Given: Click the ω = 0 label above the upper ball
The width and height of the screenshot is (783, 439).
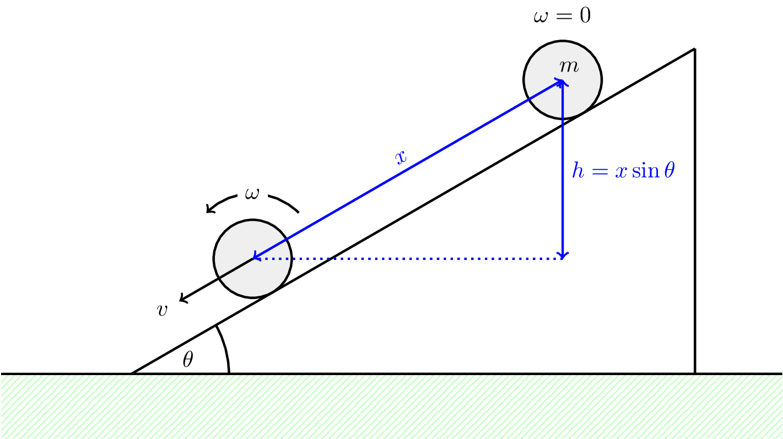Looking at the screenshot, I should tap(561, 16).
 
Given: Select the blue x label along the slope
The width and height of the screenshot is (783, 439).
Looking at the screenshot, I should tap(401, 158).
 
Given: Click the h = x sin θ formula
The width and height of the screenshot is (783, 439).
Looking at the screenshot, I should tap(623, 171).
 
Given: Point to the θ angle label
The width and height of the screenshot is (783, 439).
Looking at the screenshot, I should tap(187, 360).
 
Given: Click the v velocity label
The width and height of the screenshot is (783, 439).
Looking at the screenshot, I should tap(161, 311).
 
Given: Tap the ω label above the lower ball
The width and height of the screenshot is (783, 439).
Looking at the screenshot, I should tap(252, 194).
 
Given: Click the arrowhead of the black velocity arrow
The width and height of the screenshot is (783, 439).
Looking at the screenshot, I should tap(182, 300).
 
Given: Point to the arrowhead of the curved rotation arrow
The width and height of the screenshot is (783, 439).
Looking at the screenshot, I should tap(208, 210).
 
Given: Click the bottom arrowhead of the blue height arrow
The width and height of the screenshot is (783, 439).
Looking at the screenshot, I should tap(562, 256).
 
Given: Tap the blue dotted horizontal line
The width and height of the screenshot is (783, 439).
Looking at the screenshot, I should tap(408, 258).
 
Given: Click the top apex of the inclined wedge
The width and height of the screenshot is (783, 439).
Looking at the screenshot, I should tap(694, 50).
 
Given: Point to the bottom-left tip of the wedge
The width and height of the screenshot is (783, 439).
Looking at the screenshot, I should tap(133, 373).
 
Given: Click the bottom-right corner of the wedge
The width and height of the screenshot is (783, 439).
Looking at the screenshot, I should tap(694, 373).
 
